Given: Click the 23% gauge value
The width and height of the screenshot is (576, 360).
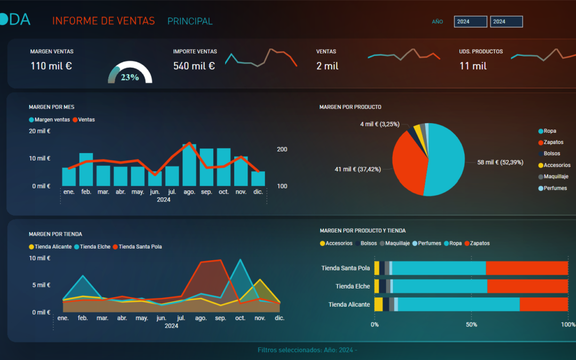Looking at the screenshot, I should pyautogui.click(x=130, y=77).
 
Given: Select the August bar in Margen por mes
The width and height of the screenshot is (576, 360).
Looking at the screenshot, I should pyautogui.click(x=189, y=165).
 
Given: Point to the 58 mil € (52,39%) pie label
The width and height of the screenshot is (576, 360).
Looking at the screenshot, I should pyautogui.click(x=500, y=162).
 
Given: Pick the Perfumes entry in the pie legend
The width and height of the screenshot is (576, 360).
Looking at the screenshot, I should pyautogui.click(x=555, y=188).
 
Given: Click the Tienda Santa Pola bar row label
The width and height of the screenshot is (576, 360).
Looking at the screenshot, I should pyautogui.click(x=346, y=268).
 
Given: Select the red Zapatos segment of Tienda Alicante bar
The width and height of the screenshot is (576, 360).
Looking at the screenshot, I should pyautogui.click(x=543, y=305).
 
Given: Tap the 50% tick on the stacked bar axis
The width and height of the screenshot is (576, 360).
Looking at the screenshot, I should pyautogui.click(x=471, y=324).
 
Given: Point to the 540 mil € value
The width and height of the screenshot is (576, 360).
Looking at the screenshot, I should pyautogui.click(x=194, y=66).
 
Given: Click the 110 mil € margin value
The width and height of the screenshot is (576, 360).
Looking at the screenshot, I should pyautogui.click(x=51, y=66).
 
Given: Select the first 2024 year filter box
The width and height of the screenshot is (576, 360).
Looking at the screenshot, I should pyautogui.click(x=470, y=22).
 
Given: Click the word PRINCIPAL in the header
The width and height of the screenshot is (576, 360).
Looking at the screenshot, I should pyautogui.click(x=190, y=21).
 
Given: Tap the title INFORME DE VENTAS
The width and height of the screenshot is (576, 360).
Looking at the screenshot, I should pyautogui.click(x=103, y=21).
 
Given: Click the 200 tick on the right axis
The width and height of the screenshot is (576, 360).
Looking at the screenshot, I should pyautogui.click(x=282, y=149).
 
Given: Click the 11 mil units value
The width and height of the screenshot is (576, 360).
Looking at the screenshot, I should pyautogui.click(x=473, y=66).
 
